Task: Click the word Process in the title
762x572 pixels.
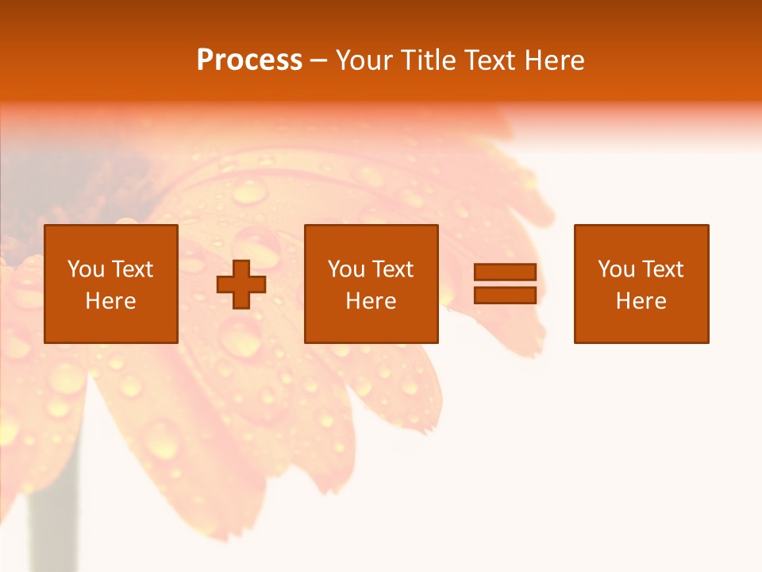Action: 249,60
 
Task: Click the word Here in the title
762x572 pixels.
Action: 556,60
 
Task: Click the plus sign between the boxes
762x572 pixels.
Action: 241,284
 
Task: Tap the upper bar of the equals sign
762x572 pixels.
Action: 505,272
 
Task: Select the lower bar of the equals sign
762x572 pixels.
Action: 505,296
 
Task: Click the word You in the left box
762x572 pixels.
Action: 85,269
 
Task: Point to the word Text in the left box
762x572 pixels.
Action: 132,269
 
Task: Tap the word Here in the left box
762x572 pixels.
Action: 110,301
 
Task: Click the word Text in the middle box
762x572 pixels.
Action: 392,269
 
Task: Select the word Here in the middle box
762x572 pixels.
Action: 371,301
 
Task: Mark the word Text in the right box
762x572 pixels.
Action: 662,269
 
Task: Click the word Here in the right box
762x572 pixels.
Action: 641,301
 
